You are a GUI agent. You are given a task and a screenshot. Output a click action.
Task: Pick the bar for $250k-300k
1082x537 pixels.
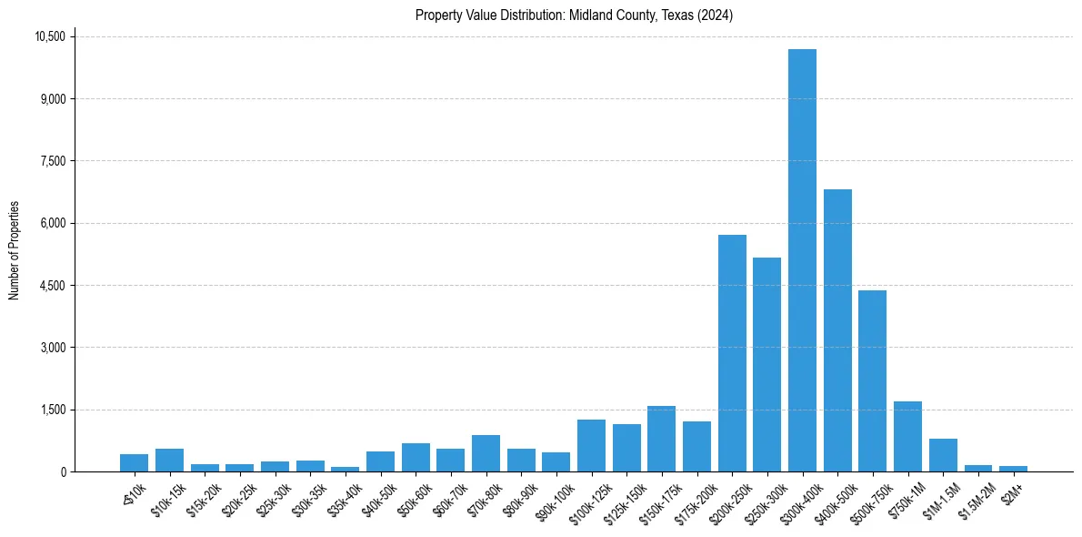point(766,364)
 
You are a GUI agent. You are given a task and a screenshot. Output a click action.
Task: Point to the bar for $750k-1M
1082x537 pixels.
point(907,436)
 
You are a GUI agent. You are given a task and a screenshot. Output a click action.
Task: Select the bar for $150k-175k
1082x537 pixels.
point(661,439)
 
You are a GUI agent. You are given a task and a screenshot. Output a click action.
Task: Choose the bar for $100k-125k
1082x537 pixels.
point(591,445)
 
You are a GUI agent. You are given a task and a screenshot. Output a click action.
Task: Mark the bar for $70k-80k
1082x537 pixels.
point(486,453)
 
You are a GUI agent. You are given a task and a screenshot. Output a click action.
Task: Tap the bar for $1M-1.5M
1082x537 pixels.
point(943,455)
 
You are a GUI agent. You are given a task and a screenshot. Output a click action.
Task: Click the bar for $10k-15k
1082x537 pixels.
point(169,460)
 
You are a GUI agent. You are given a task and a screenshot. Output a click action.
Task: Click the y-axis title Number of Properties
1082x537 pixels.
point(14,250)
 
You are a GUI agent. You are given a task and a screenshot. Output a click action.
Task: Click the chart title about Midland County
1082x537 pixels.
point(574,15)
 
